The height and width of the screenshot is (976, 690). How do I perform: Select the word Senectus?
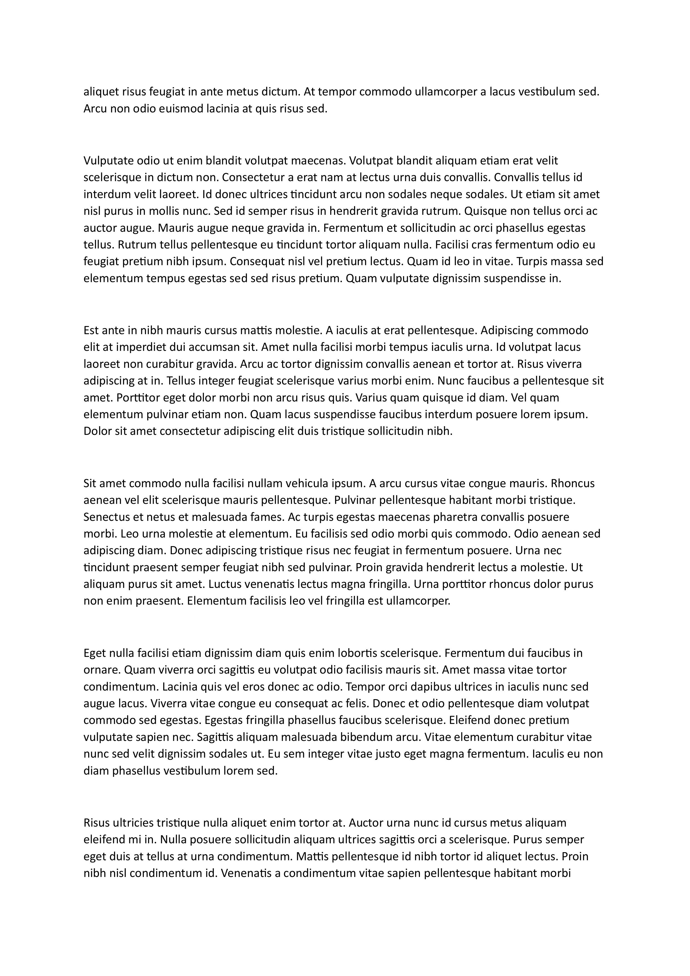pos(107,517)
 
